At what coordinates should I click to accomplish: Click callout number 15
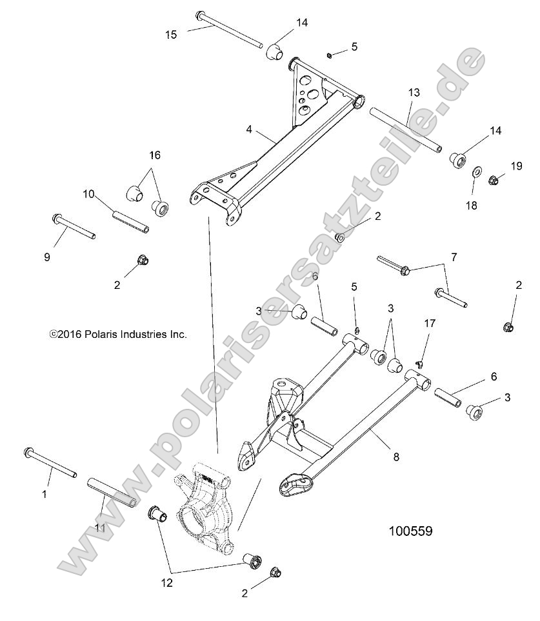coord(171,34)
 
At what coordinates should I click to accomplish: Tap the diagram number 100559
coord(410,532)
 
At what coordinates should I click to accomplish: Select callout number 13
coord(414,93)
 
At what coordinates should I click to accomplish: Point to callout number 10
coord(89,193)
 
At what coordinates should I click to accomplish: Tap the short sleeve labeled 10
coord(131,220)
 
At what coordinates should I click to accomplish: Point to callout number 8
coord(396,457)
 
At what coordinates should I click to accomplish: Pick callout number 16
coord(155,155)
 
